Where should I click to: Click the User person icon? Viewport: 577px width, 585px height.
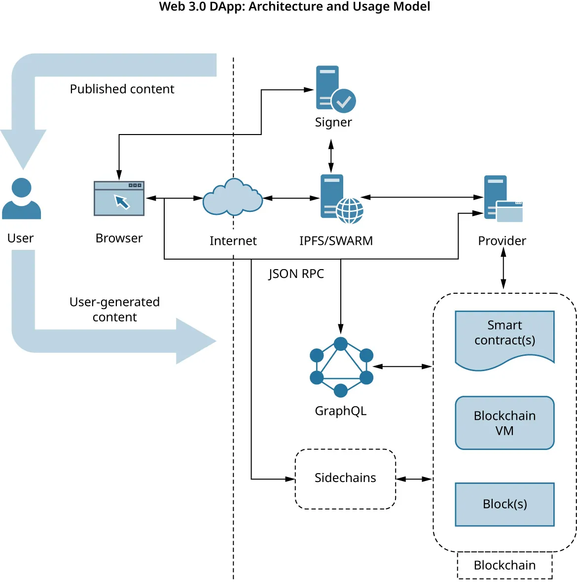pos(21,199)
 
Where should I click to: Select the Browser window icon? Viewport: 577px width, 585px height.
pos(119,198)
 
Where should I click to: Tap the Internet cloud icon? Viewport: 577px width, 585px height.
pos(233,198)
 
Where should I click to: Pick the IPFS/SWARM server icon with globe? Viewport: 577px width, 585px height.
pos(340,198)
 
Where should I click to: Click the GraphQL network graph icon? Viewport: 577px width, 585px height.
pos(341,367)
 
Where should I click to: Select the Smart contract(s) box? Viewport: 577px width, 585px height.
pos(505,338)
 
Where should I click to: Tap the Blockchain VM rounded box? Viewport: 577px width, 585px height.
pos(505,423)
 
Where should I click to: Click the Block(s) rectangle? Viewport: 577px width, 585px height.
pos(505,504)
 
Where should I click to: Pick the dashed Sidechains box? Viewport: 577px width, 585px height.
pos(345,479)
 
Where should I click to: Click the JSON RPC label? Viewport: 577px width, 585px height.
pos(296,274)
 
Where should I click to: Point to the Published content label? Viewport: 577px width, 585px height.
pos(122,89)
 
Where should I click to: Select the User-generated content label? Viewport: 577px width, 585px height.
pos(114,310)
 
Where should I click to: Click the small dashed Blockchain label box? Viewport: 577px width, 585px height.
pos(505,565)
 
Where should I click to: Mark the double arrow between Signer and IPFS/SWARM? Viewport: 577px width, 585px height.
pos(331,155)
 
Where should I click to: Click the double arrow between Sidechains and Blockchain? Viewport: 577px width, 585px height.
pos(414,479)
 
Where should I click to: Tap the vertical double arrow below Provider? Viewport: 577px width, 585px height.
pos(503,268)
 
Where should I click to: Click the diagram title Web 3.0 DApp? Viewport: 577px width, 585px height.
pos(294,7)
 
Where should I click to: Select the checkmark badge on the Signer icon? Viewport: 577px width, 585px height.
pos(344,101)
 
